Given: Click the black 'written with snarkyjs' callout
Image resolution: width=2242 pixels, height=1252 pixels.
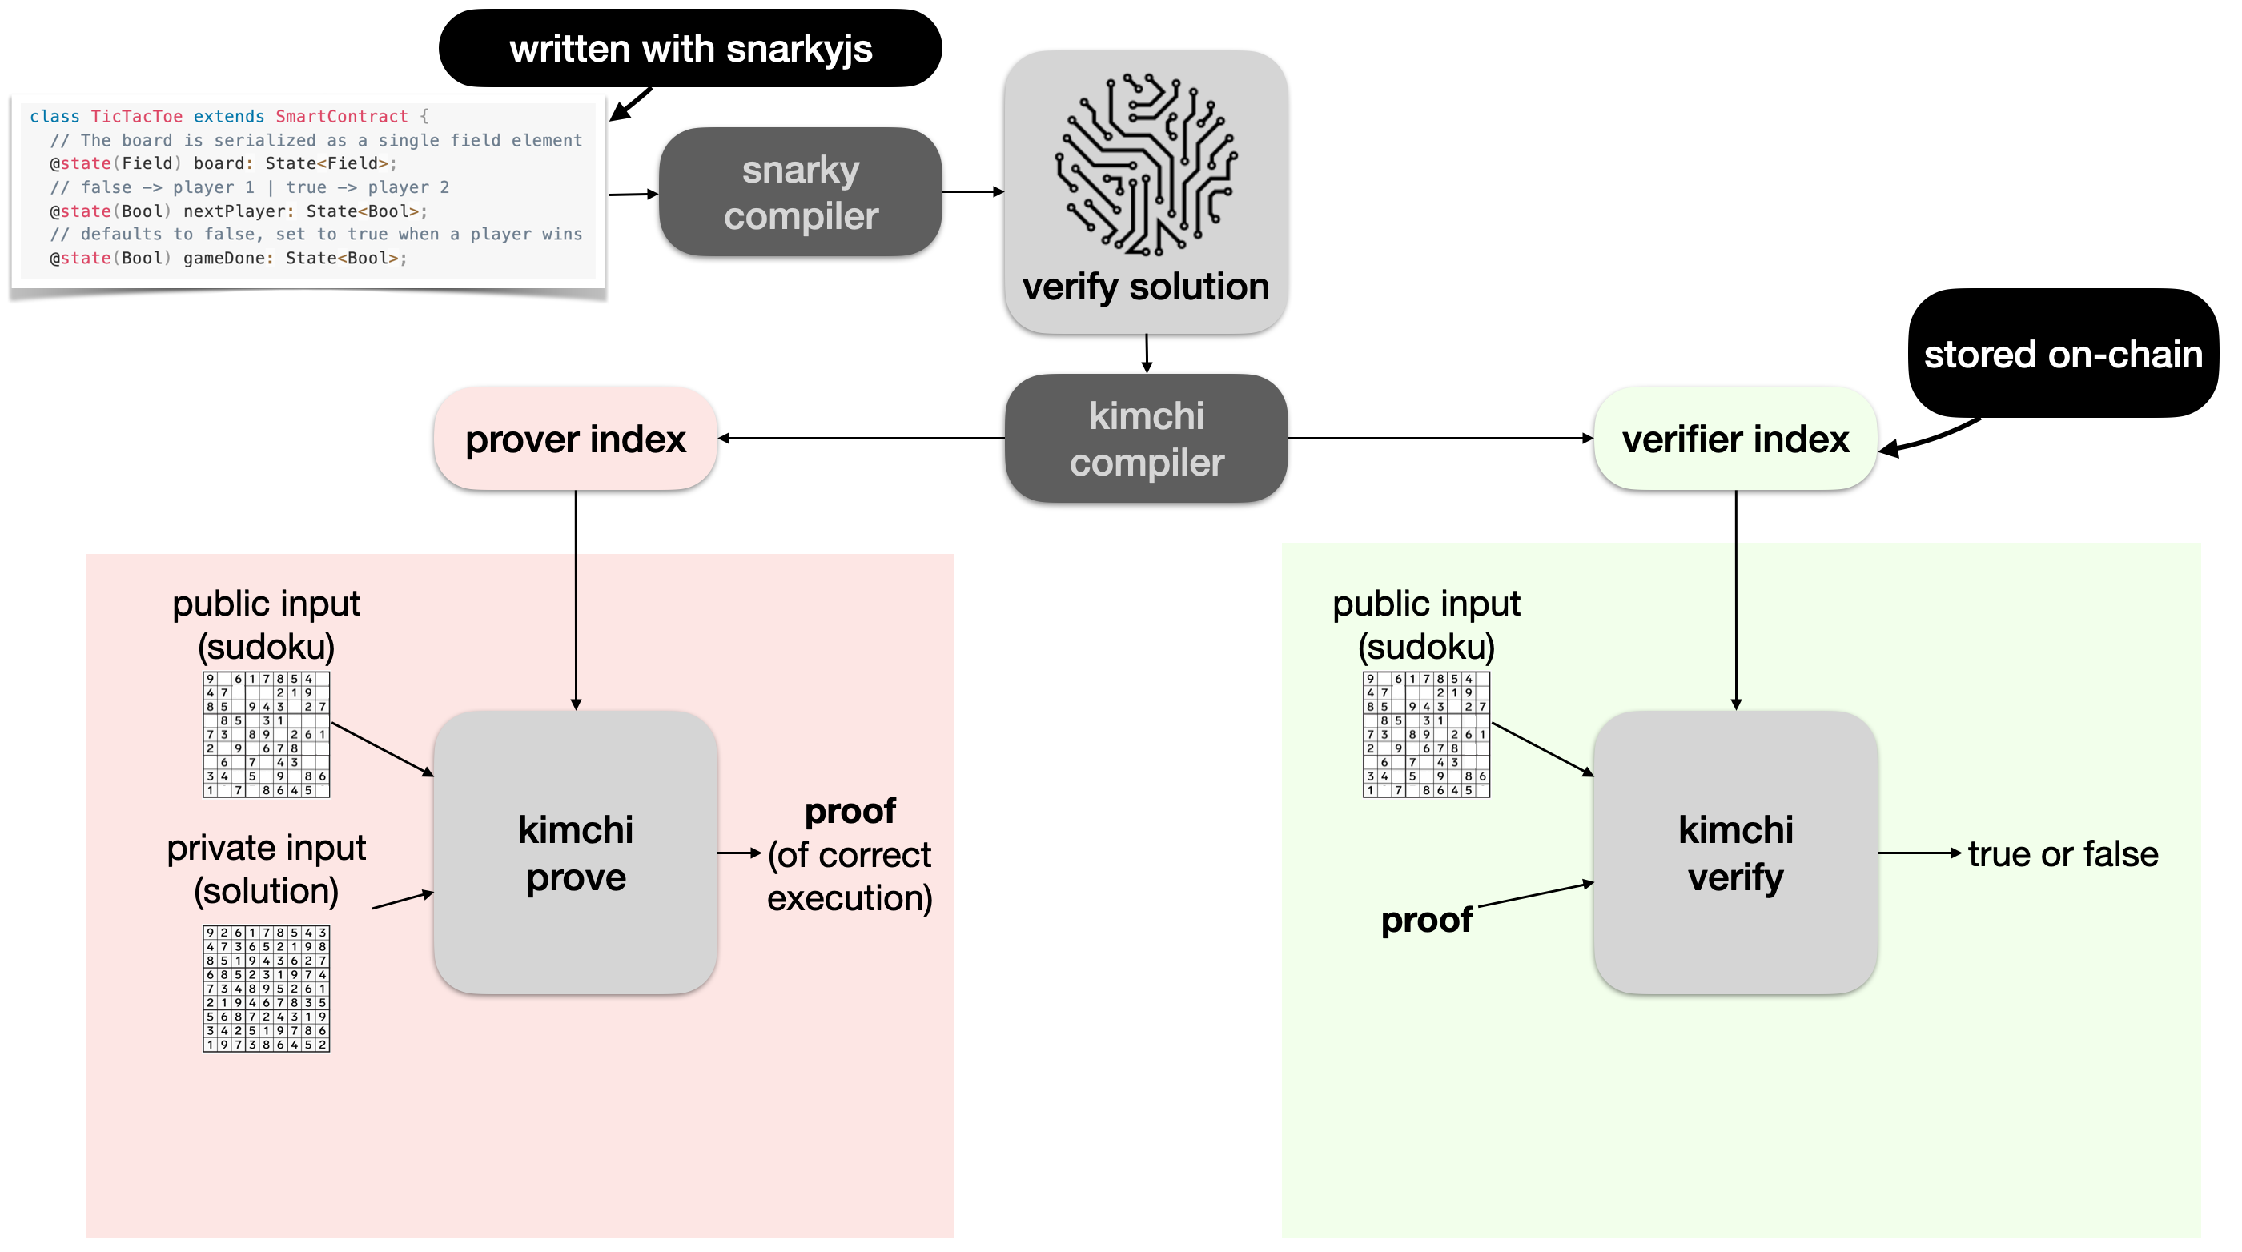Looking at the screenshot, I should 690,49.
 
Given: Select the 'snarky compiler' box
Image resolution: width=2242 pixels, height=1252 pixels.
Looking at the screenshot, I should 801,192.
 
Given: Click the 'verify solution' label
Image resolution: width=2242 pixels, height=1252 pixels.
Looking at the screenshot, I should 1145,287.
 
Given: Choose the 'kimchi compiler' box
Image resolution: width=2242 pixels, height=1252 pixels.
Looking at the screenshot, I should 1147,439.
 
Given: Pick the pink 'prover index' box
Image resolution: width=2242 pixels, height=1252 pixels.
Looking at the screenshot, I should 575,439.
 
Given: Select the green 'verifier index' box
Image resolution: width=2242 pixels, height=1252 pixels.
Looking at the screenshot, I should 1734,439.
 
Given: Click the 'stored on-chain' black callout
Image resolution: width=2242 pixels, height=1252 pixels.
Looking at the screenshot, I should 2062,354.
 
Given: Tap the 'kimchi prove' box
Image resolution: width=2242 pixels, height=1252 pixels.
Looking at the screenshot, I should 575,853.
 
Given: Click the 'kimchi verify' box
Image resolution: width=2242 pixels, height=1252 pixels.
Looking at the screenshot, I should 1734,853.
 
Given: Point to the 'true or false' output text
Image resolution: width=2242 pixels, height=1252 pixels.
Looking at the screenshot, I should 2063,854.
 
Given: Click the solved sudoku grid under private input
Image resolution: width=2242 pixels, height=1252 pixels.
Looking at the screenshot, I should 267,989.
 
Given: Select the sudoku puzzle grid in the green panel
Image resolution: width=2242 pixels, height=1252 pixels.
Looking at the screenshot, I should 1425,734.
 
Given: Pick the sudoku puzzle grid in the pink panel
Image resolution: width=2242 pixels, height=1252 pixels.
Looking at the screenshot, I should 267,734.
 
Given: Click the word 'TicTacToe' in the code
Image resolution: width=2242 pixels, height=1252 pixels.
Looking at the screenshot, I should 137,117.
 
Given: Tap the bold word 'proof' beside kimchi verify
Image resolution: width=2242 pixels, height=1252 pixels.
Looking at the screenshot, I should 1425,920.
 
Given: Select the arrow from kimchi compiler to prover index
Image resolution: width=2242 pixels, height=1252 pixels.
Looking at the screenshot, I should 862,439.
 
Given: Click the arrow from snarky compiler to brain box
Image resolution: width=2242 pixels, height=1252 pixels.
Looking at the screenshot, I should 973,191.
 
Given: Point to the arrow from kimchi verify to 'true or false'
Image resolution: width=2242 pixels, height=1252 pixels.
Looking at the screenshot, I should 1919,853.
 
